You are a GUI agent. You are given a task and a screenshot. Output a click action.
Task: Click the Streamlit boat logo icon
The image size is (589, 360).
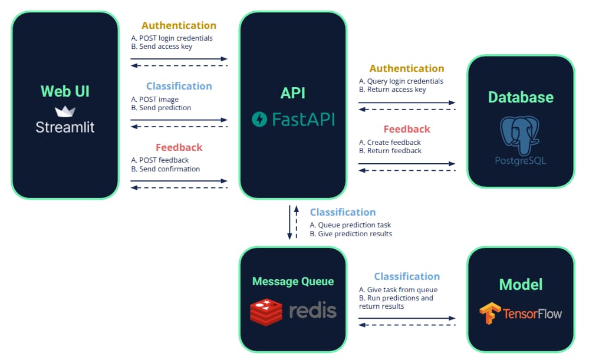point(65,111)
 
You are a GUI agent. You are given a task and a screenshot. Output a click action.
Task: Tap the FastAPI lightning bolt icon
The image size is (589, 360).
point(259,120)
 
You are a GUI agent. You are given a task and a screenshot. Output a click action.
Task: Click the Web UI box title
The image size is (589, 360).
point(65,91)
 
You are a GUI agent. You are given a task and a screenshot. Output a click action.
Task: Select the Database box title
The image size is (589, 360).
point(521,97)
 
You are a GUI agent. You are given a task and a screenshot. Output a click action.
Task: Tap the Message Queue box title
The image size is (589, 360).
point(292,282)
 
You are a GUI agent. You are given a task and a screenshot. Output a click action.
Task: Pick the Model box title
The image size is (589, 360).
point(521,285)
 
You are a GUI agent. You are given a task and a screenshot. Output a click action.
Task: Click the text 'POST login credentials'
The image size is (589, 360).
point(176,38)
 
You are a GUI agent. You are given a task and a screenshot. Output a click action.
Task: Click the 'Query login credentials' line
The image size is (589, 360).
point(405,81)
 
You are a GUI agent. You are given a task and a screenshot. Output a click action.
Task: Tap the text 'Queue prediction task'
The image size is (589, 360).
point(354,225)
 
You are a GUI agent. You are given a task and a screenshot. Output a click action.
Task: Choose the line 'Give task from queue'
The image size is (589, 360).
point(402,289)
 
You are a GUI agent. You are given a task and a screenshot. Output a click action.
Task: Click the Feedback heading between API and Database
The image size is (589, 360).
point(407,129)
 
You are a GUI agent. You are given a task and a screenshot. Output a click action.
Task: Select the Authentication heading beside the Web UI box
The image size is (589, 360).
point(179,25)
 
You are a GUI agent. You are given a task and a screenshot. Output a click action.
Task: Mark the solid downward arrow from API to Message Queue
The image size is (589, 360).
point(289,222)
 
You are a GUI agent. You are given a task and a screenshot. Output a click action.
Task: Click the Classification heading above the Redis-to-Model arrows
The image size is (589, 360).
point(407,276)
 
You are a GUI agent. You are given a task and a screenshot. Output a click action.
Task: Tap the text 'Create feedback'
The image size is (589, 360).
point(394,143)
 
